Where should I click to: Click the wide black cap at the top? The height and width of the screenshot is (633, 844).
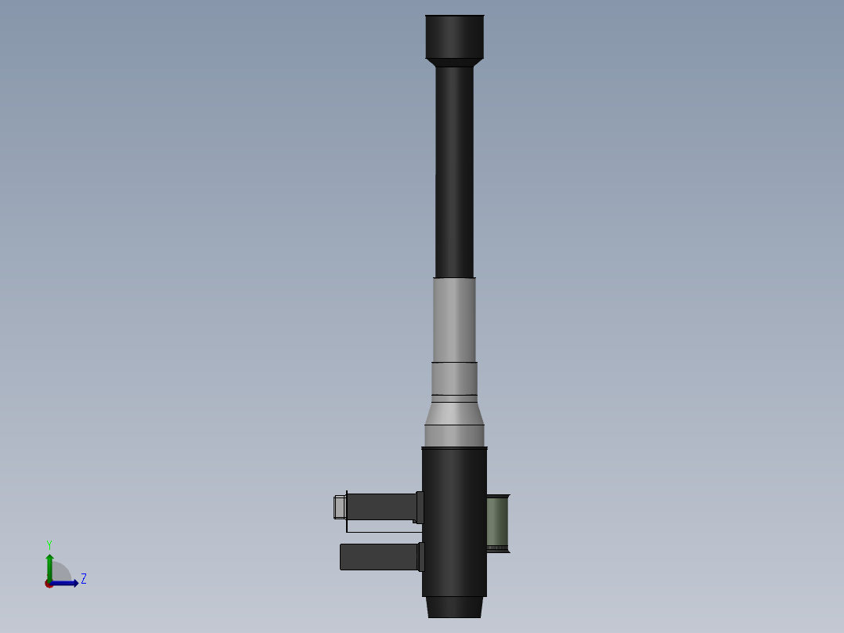[454, 36]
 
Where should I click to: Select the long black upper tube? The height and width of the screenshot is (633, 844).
[454, 172]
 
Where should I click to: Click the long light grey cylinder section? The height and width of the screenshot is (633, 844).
[454, 320]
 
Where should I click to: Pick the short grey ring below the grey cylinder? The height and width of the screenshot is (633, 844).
[454, 378]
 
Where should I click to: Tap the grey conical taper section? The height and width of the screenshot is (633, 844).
[454, 413]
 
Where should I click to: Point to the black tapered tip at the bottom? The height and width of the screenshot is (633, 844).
[454, 607]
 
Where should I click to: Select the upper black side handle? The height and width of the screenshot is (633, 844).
[381, 507]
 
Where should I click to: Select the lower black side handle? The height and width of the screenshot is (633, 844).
[379, 557]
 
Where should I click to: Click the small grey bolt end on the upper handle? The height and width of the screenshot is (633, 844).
[339, 507]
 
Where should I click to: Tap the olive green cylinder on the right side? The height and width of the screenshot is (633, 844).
[497, 523]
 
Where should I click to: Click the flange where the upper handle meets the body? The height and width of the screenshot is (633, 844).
[420, 507]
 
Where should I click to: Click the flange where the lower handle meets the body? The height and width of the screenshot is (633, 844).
[420, 557]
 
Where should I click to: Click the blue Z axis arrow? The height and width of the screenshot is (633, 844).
[67, 583]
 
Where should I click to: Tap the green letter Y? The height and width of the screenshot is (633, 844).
[49, 544]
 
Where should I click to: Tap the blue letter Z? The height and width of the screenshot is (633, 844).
[83, 579]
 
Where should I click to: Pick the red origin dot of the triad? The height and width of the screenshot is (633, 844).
[49, 584]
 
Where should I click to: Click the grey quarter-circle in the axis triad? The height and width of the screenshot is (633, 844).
[60, 573]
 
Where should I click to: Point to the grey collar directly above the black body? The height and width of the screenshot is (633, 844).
[454, 436]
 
